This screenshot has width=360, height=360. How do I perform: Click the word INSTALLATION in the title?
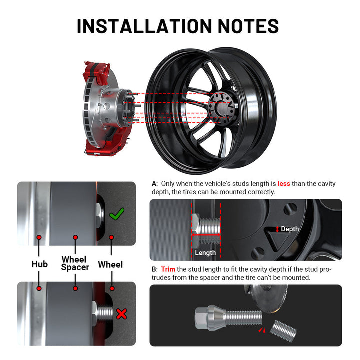[x=144, y=26]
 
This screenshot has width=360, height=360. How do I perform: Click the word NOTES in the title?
[x=248, y=26]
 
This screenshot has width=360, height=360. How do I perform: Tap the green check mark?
[x=117, y=214]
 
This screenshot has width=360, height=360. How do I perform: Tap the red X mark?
[x=121, y=314]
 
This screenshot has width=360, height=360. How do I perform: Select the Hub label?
[x=39, y=264]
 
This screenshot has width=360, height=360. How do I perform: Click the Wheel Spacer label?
[x=75, y=263]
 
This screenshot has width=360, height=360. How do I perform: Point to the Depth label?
[x=290, y=229]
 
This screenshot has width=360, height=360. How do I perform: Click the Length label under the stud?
[x=205, y=253]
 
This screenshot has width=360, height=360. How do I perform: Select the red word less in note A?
[x=284, y=183]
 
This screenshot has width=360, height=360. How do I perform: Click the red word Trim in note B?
[x=168, y=269]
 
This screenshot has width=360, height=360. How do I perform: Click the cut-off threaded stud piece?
[x=283, y=331]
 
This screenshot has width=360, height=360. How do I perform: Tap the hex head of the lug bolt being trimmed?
[x=201, y=318]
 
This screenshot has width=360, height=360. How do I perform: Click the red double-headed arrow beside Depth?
[x=277, y=229]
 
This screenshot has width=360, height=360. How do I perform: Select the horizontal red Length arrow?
[x=206, y=235]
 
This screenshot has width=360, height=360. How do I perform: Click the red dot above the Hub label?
[x=39, y=237]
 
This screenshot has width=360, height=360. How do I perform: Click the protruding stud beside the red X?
[x=105, y=312]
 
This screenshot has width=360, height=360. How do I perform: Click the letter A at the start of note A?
[x=154, y=184]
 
